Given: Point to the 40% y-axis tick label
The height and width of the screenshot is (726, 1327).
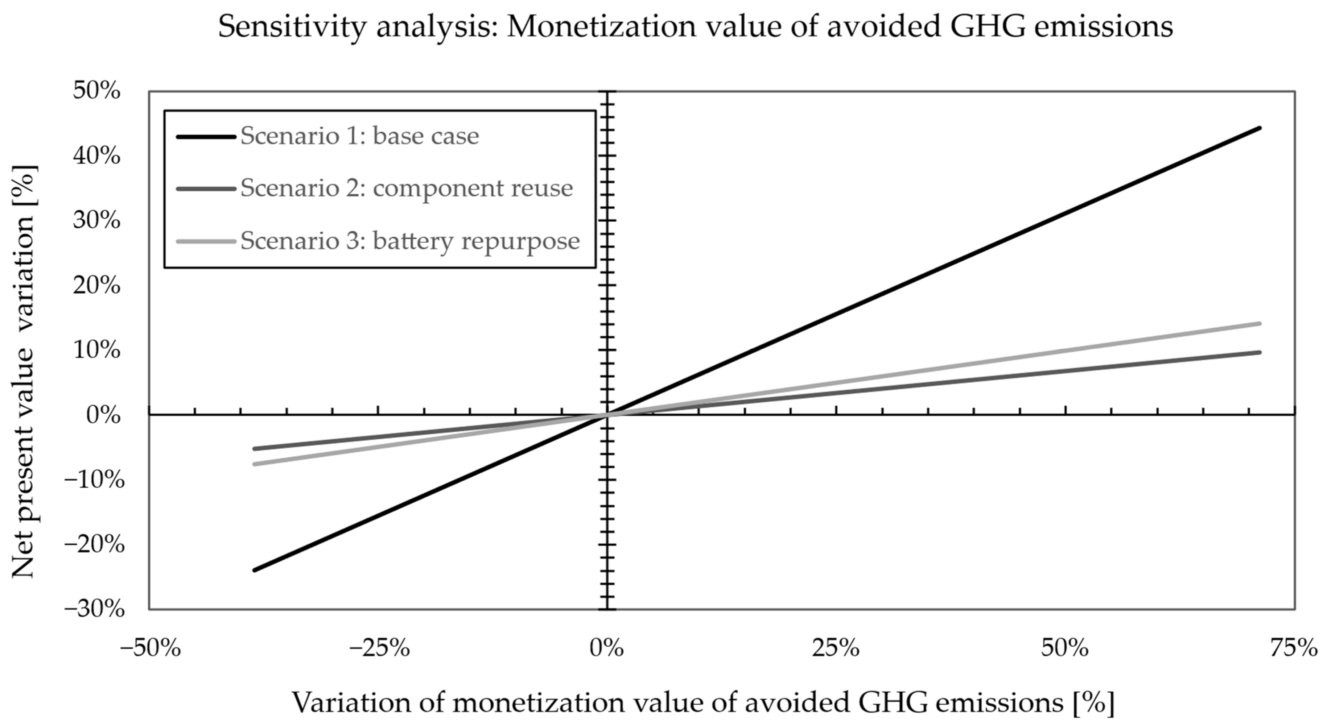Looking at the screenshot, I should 97,155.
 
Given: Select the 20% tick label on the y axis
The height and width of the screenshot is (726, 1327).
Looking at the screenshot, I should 97,285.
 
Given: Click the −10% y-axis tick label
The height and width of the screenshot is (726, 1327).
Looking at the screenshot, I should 94,480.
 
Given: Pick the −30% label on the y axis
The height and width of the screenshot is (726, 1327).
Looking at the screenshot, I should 94,609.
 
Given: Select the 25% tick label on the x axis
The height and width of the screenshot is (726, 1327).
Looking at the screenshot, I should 836,648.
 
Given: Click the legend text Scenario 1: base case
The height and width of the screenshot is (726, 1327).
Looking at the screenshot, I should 359,136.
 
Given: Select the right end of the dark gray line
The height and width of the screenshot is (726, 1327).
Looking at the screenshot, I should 1256,353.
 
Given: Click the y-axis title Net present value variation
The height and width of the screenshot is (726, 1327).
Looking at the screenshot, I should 23,371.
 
